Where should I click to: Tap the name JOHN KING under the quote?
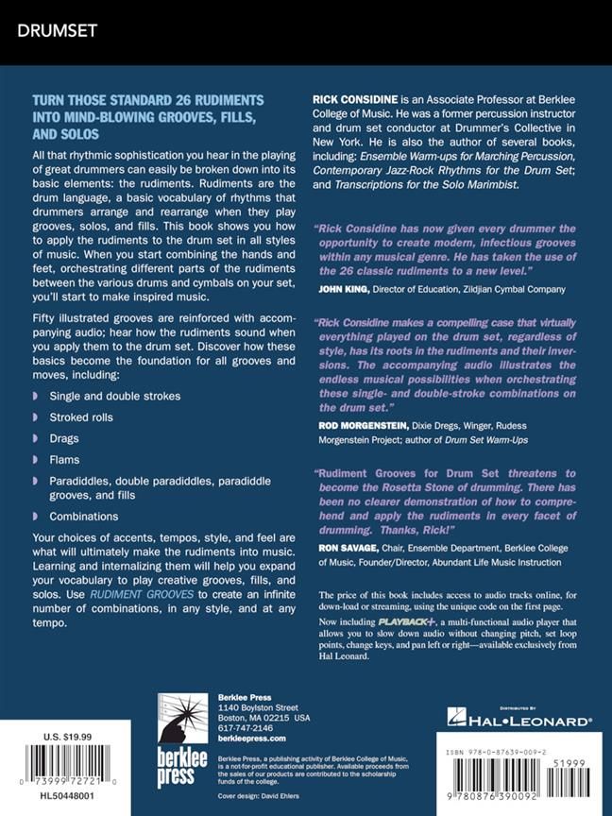coord(344,289)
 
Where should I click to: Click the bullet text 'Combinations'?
coord(85,517)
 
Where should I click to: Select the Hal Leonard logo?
coord(518,720)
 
